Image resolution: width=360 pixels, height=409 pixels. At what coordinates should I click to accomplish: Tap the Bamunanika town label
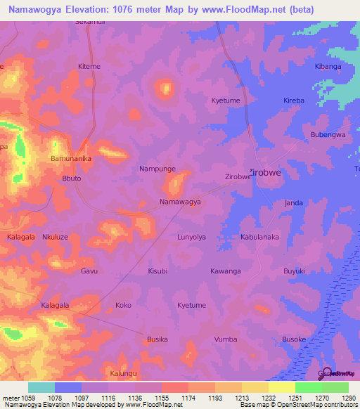71,159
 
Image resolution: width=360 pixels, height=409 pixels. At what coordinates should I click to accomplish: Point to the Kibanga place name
328,66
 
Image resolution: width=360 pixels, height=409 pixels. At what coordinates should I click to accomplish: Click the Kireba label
294,100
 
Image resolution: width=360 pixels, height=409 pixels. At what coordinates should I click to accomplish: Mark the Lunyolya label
191,238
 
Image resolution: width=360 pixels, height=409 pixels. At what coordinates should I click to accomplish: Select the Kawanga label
226,271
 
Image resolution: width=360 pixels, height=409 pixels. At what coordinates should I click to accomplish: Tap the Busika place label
157,339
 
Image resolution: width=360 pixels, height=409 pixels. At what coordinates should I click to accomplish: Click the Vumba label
226,339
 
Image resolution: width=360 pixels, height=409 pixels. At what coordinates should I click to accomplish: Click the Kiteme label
89,66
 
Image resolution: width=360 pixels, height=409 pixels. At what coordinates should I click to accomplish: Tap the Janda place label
293,203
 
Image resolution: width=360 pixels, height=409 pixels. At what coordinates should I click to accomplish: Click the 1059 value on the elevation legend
28,398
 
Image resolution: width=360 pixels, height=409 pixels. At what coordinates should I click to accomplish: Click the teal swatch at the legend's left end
41,387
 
